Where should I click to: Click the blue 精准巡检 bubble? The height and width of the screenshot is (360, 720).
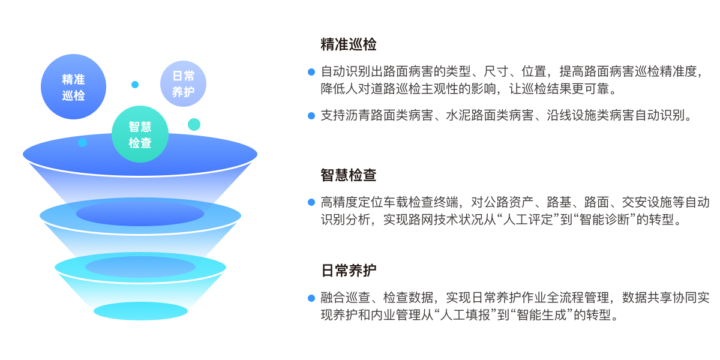click(73, 87)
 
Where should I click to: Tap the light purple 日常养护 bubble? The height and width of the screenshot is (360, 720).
click(183, 83)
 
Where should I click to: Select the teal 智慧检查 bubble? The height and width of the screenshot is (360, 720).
click(140, 134)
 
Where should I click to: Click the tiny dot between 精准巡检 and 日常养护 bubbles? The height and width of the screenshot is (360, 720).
click(135, 85)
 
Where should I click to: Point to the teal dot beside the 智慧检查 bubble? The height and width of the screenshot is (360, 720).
click(194, 124)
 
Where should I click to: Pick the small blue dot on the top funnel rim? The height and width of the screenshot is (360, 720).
click(83, 142)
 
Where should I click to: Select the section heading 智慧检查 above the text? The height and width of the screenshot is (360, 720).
click(349, 175)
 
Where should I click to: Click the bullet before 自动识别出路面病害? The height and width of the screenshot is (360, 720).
click(311, 72)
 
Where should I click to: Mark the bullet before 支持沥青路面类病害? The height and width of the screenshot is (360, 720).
click(311, 116)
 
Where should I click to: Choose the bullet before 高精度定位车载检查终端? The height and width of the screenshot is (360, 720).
click(311, 202)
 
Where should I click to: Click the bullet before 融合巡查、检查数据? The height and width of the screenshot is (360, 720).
click(311, 298)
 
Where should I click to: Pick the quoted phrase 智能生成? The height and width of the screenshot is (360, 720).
click(539, 315)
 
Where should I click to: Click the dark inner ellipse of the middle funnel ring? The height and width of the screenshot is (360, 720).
click(140, 214)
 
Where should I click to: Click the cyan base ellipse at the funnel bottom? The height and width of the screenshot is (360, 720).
click(140, 311)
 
